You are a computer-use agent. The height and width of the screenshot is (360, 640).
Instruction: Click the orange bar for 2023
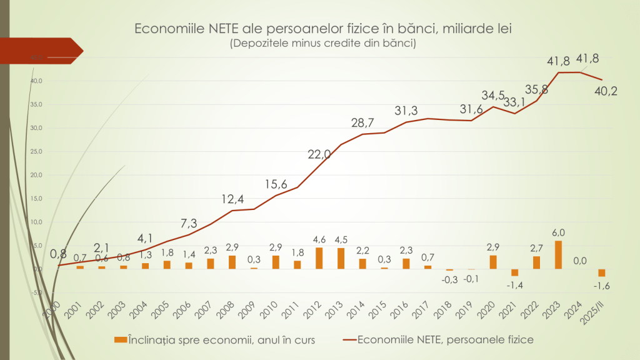tap(558, 255)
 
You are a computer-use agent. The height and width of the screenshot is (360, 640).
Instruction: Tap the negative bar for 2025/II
tap(602, 272)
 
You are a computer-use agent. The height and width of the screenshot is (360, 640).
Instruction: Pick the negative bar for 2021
tap(515, 272)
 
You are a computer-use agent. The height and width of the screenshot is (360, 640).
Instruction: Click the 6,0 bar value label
tap(558, 232)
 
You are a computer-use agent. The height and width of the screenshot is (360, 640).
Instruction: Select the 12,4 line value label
tap(232, 200)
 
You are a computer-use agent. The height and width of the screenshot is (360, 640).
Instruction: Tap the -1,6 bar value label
tap(601, 286)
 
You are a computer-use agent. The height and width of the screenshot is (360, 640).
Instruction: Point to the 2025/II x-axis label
tap(604, 309)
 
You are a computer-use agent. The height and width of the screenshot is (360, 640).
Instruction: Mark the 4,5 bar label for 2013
tap(341, 240)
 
